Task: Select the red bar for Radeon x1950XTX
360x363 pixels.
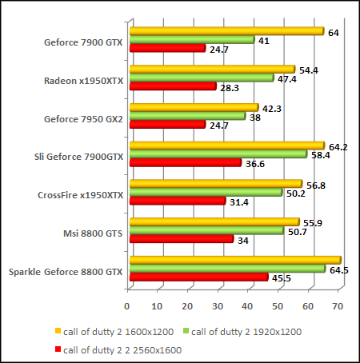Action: click(171, 86)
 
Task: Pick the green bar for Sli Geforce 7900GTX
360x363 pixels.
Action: click(217, 154)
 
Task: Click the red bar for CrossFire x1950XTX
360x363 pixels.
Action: click(176, 201)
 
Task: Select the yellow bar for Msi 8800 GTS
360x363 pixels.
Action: click(213, 222)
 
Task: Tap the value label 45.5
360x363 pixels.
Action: click(282, 278)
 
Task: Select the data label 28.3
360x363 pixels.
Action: click(230, 86)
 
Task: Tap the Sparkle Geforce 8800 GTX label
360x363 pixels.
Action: click(66, 272)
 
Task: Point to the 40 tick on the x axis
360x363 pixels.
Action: click(248, 305)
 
